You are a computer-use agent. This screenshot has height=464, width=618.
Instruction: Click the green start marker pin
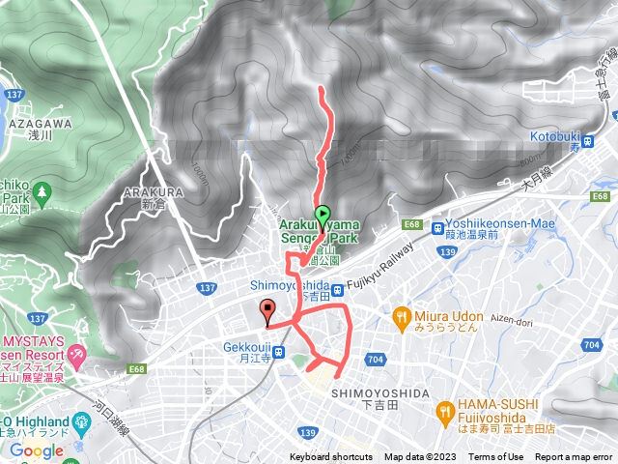tap(323, 216)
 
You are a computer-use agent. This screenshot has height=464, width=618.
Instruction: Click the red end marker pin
tap(267, 311)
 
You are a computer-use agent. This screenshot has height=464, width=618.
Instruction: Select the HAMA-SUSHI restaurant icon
tap(445, 409)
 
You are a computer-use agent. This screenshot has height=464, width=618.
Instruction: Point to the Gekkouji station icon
tap(279, 352)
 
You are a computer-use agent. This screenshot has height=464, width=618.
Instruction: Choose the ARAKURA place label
tap(147, 192)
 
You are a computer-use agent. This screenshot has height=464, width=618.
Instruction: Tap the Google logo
tap(36, 450)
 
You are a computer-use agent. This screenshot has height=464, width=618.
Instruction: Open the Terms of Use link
tap(496, 457)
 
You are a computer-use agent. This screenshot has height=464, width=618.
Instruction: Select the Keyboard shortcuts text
tap(330, 457)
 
